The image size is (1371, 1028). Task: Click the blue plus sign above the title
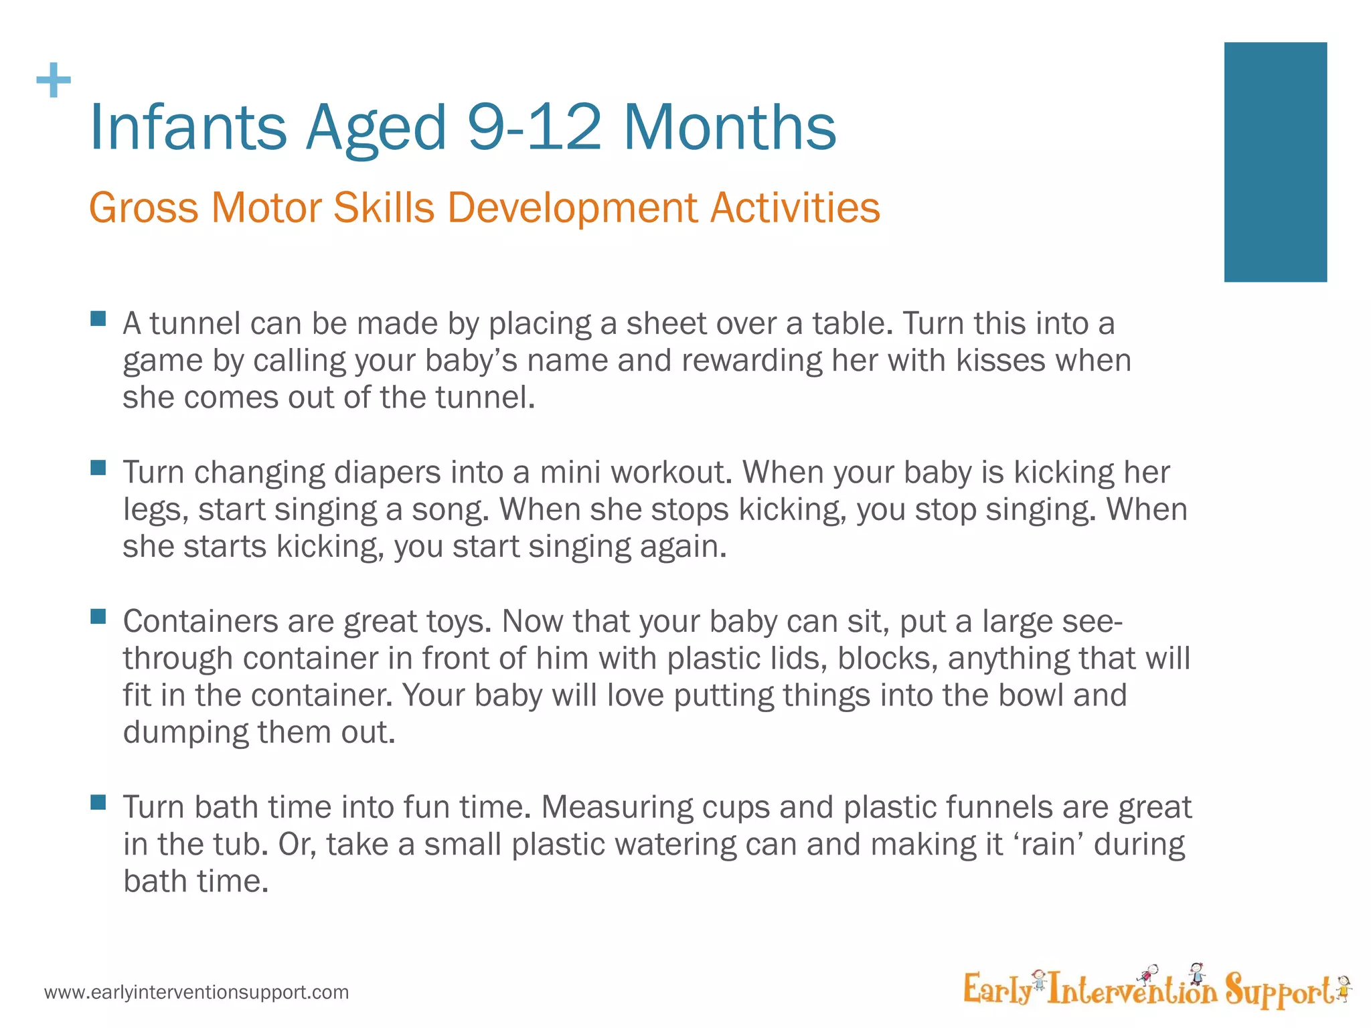pos(54,81)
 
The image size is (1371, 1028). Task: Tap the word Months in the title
pos(730,127)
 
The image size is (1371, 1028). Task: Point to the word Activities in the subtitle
pos(795,207)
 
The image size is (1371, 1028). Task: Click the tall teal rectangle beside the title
pos(1275,162)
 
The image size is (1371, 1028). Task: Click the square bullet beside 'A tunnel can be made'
pos(98,318)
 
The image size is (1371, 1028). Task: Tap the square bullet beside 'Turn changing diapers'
pos(98,467)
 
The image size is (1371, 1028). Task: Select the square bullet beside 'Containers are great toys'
pos(98,616)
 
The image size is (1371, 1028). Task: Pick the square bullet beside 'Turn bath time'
pos(98,802)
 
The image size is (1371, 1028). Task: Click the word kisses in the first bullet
pos(1001,361)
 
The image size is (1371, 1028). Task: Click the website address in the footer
pos(197,992)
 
